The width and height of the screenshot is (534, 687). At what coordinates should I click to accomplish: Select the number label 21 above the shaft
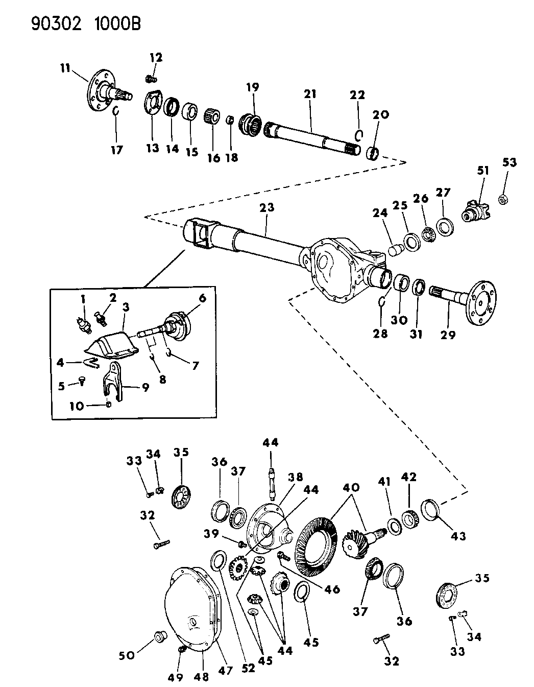[310, 94]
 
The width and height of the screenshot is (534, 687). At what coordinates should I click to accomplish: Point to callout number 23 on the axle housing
[267, 207]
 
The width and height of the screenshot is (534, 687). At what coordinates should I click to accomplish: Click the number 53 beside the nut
[509, 163]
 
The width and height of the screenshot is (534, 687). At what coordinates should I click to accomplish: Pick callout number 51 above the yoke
[483, 171]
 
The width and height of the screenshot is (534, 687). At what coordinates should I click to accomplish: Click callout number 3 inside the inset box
[125, 307]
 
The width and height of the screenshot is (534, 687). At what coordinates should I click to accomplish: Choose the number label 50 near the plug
[127, 655]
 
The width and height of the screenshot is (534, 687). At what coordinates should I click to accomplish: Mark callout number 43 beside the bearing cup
[458, 536]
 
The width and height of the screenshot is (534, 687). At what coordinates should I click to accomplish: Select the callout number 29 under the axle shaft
[449, 335]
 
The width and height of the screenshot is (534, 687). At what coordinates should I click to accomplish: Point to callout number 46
[332, 589]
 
